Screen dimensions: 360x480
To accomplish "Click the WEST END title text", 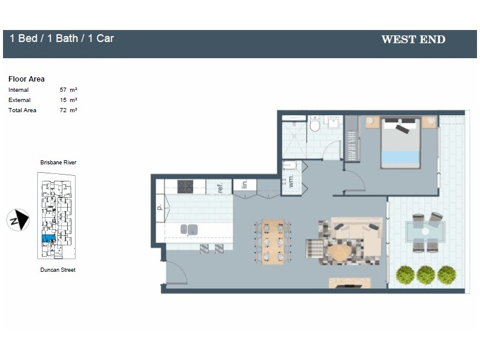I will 413,40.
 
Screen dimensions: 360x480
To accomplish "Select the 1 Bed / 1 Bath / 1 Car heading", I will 62,38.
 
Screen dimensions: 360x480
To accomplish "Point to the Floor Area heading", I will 26,79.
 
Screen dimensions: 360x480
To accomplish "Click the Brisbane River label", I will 58,163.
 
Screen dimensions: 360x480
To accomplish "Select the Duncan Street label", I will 58,270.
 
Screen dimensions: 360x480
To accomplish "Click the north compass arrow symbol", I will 19,220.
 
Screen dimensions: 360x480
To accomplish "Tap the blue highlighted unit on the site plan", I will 48,238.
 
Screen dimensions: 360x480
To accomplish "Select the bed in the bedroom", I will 400,143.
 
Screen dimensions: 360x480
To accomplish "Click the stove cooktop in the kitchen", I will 185,187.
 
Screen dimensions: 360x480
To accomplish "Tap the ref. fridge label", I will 220,187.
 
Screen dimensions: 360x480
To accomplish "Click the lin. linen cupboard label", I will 244,184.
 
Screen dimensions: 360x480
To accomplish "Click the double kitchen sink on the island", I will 189,229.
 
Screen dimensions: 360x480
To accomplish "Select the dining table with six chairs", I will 274,241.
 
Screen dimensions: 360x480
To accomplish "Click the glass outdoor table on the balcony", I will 425,231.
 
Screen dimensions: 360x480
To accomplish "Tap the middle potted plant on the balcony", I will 425,274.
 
